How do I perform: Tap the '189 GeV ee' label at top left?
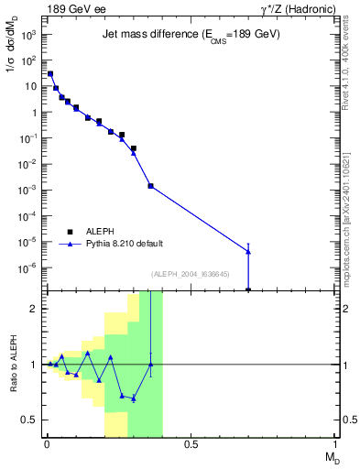coord(74,8)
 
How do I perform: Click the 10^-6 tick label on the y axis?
coord(28,268)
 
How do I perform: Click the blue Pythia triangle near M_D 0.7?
coord(248,251)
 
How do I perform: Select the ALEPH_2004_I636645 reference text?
coord(191,274)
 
